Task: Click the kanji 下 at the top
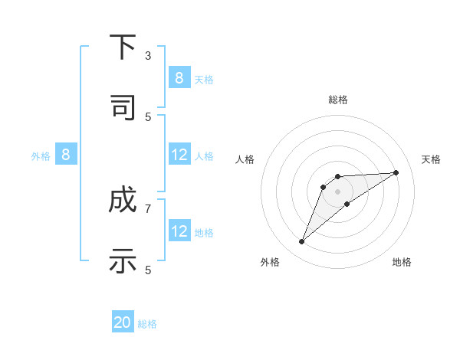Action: click(x=123, y=47)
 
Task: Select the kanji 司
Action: click(x=123, y=107)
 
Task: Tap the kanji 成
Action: click(x=123, y=201)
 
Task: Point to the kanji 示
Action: click(x=123, y=260)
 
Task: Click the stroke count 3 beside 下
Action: click(x=148, y=56)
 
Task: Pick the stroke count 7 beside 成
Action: click(x=148, y=208)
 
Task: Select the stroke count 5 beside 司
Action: click(x=148, y=116)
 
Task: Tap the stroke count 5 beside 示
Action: click(x=148, y=270)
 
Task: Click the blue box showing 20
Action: click(x=123, y=323)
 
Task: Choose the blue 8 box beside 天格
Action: click(x=179, y=78)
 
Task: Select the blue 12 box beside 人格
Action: click(x=179, y=155)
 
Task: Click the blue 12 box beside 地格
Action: click(x=179, y=231)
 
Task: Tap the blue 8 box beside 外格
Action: click(x=66, y=155)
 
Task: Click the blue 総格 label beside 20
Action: click(x=147, y=324)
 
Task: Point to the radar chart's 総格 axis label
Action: click(x=338, y=100)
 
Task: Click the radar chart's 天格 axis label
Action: click(x=431, y=159)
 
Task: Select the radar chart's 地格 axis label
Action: click(x=402, y=262)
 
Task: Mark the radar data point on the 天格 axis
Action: click(x=396, y=172)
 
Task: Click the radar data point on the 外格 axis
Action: click(x=301, y=242)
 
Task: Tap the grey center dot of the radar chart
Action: click(x=338, y=191)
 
